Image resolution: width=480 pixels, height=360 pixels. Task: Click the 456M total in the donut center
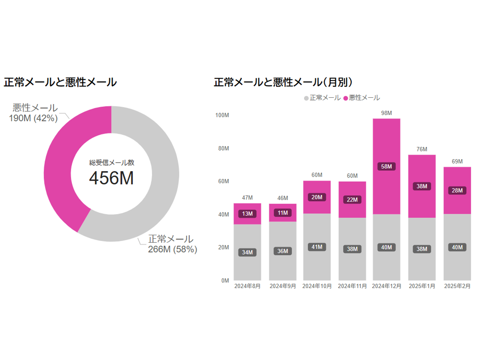pyautogui.click(x=111, y=178)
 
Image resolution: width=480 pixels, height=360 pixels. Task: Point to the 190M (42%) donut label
pyautogui.click(x=33, y=118)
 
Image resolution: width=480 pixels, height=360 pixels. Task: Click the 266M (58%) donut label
pyautogui.click(x=172, y=249)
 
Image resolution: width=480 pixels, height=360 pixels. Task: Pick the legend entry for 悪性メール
pyautogui.click(x=362, y=98)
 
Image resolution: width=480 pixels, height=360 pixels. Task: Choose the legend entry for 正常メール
pyautogui.click(x=322, y=98)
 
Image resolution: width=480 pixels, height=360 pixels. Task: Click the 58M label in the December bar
pyautogui.click(x=386, y=166)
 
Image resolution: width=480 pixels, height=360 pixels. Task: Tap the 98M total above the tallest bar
pyautogui.click(x=386, y=113)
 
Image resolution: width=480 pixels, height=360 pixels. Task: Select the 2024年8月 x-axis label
pyautogui.click(x=247, y=286)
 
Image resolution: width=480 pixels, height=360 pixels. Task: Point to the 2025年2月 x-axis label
pyautogui.click(x=457, y=286)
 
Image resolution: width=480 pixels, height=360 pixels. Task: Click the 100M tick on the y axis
pyautogui.click(x=222, y=115)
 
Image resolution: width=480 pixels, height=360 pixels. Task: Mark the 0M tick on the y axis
pyautogui.click(x=225, y=281)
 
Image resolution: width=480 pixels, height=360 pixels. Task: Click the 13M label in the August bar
pyautogui.click(x=247, y=214)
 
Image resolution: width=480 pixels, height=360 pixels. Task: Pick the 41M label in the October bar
pyautogui.click(x=317, y=247)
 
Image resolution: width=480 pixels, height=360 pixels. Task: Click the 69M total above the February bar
pyautogui.click(x=457, y=161)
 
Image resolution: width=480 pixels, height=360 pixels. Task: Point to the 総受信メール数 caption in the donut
pyautogui.click(x=112, y=163)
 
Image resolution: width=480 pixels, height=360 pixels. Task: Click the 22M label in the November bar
pyautogui.click(x=352, y=200)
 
